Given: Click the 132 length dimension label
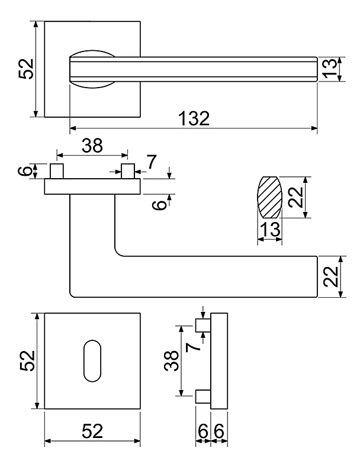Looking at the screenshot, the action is (194, 118).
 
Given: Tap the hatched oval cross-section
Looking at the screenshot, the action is (269, 197).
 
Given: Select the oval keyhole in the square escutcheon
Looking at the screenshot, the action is (92, 360).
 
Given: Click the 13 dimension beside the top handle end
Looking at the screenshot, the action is (330, 69).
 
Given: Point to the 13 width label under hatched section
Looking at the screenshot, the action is (271, 229).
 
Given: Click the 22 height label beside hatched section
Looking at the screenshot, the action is (296, 197).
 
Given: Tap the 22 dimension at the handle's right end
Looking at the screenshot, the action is (331, 276).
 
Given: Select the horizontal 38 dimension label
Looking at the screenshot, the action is (92, 146).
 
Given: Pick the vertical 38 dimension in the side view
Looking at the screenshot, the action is (171, 360).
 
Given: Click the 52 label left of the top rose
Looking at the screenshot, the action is (26, 69).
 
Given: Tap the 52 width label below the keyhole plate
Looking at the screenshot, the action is (92, 431).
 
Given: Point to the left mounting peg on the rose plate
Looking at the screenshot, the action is (57, 171).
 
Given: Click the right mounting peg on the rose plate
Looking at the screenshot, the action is (128, 171).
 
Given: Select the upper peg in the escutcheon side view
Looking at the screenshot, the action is (203, 325).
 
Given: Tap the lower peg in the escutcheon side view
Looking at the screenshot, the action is (203, 397).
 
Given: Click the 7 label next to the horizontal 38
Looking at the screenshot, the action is (152, 162).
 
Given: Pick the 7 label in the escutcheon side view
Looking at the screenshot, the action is (192, 347).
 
